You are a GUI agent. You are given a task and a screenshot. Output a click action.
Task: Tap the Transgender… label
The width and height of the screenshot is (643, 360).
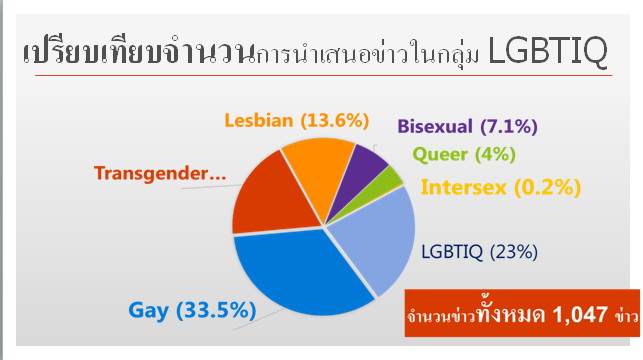161,173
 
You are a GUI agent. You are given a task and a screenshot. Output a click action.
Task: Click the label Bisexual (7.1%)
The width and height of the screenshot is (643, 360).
467,127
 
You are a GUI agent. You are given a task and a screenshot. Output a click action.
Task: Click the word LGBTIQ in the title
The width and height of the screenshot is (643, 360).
549,55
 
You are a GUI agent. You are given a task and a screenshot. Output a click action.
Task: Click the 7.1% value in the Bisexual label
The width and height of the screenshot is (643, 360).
509,127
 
